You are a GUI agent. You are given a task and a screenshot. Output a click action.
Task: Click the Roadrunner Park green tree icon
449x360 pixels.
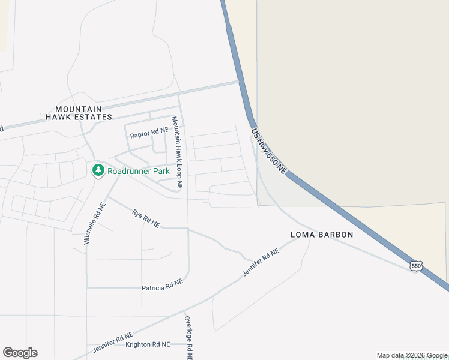click(98, 170)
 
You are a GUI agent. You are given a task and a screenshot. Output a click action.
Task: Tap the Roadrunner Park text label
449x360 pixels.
click(139, 171)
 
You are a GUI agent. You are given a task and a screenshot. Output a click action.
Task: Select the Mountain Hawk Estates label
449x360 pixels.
click(83, 113)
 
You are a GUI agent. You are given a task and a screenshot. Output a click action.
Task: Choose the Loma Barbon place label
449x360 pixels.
click(322, 235)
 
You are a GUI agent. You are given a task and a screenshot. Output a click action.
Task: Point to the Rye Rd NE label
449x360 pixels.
click(146, 218)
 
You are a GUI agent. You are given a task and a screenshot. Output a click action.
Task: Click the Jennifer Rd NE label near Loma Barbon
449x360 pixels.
click(261, 263)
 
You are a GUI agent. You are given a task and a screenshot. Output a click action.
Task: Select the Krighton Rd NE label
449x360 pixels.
click(148, 344)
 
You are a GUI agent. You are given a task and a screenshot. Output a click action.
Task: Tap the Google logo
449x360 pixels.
click(20, 353)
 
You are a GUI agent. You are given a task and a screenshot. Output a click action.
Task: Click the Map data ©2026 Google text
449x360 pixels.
click(412, 355)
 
